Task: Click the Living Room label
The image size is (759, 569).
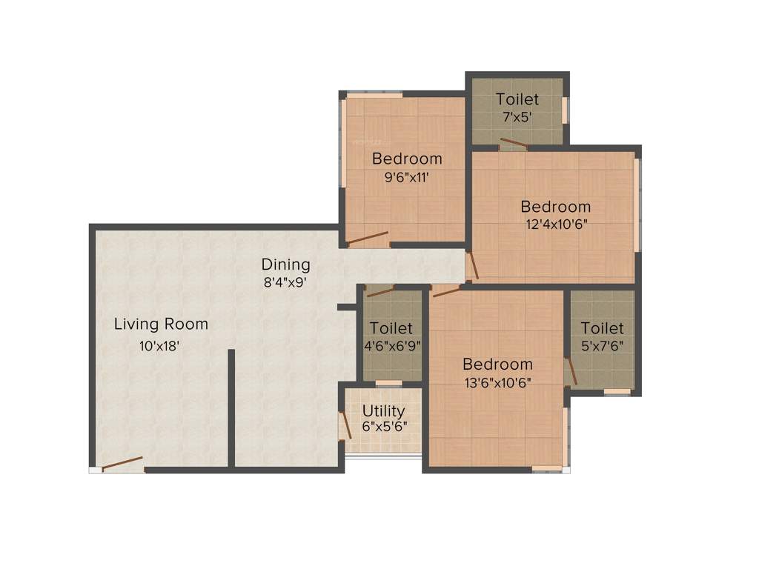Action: pyautogui.click(x=161, y=324)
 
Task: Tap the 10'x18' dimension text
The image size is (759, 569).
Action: pyautogui.click(x=159, y=345)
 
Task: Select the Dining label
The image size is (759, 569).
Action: pyautogui.click(x=285, y=264)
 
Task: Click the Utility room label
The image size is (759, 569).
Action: pyautogui.click(x=383, y=410)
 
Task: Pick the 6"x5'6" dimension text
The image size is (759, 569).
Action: pyautogui.click(x=384, y=427)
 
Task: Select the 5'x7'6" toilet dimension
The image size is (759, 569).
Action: pyautogui.click(x=602, y=345)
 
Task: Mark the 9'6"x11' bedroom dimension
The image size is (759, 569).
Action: pyautogui.click(x=407, y=177)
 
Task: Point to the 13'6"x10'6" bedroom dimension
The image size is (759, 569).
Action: pyautogui.click(x=497, y=382)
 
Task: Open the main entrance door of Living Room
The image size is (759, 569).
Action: pyautogui.click(x=122, y=465)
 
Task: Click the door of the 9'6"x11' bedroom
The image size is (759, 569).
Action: pyautogui.click(x=368, y=238)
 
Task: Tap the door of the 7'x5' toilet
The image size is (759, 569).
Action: pyautogui.click(x=513, y=142)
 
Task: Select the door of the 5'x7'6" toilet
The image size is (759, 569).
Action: pyautogui.click(x=570, y=371)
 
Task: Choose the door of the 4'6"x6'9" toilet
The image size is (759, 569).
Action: pyautogui.click(x=380, y=291)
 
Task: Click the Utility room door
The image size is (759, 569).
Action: pyautogui.click(x=345, y=427)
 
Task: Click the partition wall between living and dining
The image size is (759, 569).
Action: pyautogui.click(x=231, y=407)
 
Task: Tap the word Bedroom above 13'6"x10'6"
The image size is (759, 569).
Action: pyautogui.click(x=497, y=364)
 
